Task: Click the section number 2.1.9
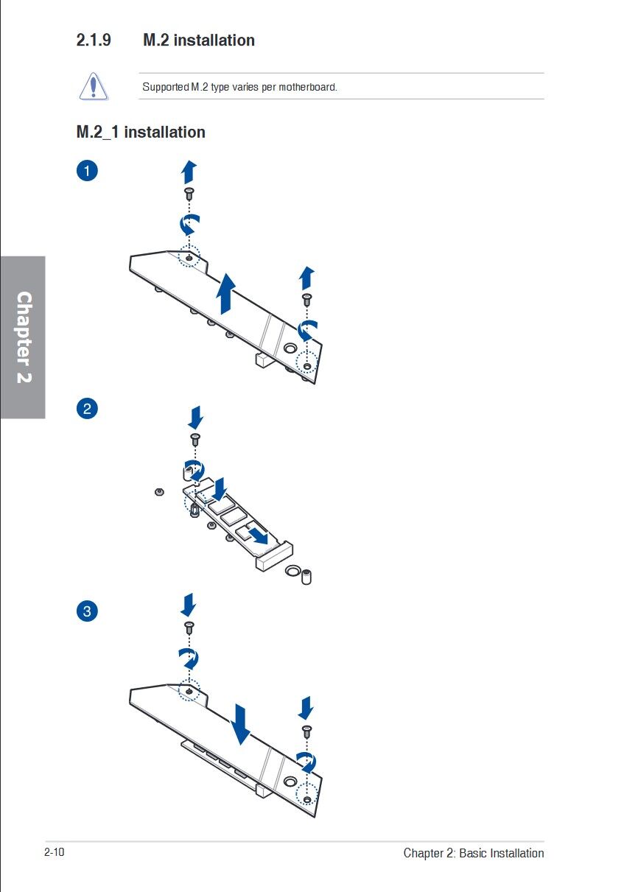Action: [94, 40]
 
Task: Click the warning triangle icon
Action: [94, 85]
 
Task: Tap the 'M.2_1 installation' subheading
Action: [141, 133]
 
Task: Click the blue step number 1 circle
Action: [87, 172]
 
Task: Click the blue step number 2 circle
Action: [87, 408]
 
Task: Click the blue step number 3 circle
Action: [87, 611]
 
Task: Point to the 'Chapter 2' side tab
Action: [24, 337]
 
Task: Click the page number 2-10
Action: [55, 852]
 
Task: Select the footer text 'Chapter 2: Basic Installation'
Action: [473, 853]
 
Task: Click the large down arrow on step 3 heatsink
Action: [240, 723]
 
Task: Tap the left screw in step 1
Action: [189, 193]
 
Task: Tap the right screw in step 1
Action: [307, 299]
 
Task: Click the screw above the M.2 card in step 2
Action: [195, 440]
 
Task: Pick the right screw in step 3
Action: [307, 731]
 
